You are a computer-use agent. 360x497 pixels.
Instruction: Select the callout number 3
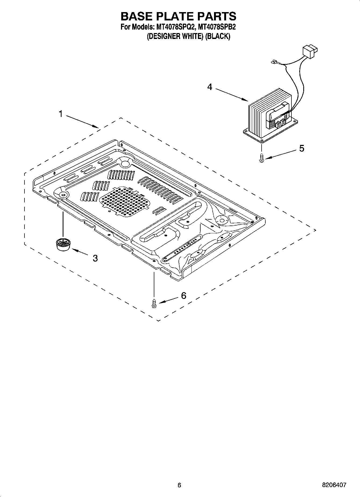[95, 258]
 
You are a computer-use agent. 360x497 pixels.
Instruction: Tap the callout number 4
[210, 87]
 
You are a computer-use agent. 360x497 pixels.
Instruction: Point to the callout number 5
[302, 148]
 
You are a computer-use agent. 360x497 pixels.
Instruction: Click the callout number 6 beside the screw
[183, 296]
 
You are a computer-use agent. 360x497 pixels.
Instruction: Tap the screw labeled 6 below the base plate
[154, 303]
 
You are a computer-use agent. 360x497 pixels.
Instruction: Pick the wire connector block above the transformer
[310, 51]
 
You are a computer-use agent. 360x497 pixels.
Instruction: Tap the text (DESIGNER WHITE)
[175, 36]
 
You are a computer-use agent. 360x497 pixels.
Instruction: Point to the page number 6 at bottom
[180, 485]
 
